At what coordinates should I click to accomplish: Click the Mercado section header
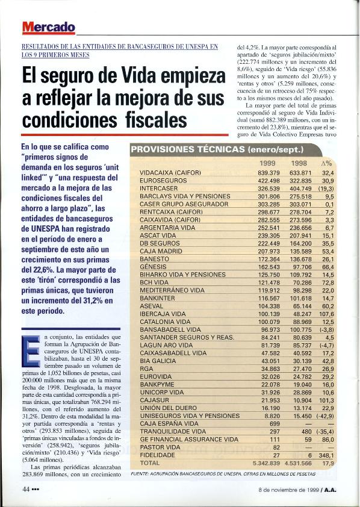[x=49, y=27]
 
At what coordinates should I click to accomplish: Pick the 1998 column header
[x=299, y=164]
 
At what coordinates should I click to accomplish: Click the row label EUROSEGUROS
[x=159, y=181]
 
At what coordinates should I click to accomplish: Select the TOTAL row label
[x=149, y=463]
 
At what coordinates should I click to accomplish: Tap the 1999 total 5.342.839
[x=264, y=463]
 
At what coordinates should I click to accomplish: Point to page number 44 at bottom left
[x=19, y=490]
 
